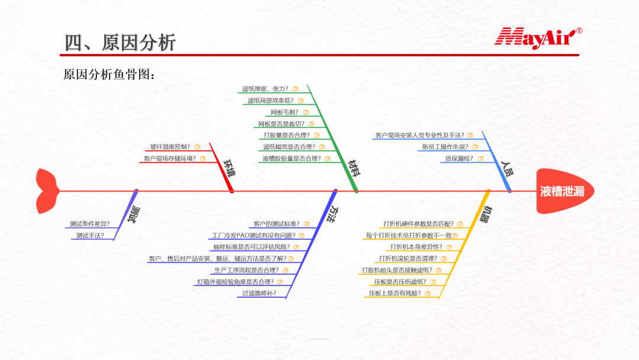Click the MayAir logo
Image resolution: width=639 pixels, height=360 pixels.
click(x=537, y=37)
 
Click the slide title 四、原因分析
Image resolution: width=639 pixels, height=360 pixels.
click(x=120, y=43)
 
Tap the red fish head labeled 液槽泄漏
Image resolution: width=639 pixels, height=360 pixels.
click(x=564, y=191)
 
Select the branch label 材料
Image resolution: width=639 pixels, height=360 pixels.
click(x=354, y=168)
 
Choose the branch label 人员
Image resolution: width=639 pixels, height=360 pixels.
click(x=507, y=169)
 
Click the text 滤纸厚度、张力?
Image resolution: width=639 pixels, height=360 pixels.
click(x=265, y=89)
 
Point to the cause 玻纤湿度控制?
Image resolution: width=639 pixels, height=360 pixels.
click(x=170, y=147)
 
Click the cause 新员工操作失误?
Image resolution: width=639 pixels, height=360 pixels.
click(x=444, y=147)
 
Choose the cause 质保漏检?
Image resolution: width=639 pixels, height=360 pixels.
click(x=459, y=158)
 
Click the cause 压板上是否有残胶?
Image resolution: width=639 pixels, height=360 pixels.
click(x=395, y=293)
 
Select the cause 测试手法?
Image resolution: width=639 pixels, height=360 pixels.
click(x=90, y=235)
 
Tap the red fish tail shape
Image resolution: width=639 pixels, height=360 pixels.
click(x=47, y=191)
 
